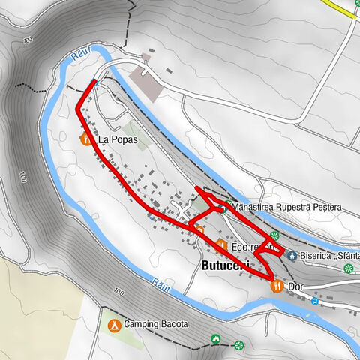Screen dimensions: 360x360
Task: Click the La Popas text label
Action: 112,139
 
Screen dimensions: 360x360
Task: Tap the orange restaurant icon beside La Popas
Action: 84,139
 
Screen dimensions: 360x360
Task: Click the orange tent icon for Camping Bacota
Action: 113,325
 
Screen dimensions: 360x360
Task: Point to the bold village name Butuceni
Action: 225,266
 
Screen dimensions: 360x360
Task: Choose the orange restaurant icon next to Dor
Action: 277,285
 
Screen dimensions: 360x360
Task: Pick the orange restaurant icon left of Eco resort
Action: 221,245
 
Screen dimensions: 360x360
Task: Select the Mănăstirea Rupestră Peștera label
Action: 287,207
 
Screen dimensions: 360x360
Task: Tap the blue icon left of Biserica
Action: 291,254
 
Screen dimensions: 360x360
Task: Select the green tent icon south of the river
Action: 216,339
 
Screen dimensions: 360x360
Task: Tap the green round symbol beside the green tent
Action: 239,345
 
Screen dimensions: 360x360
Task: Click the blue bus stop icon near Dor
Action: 315,301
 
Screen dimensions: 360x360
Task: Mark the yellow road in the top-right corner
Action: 340,7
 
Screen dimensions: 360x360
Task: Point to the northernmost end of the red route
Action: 94,81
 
